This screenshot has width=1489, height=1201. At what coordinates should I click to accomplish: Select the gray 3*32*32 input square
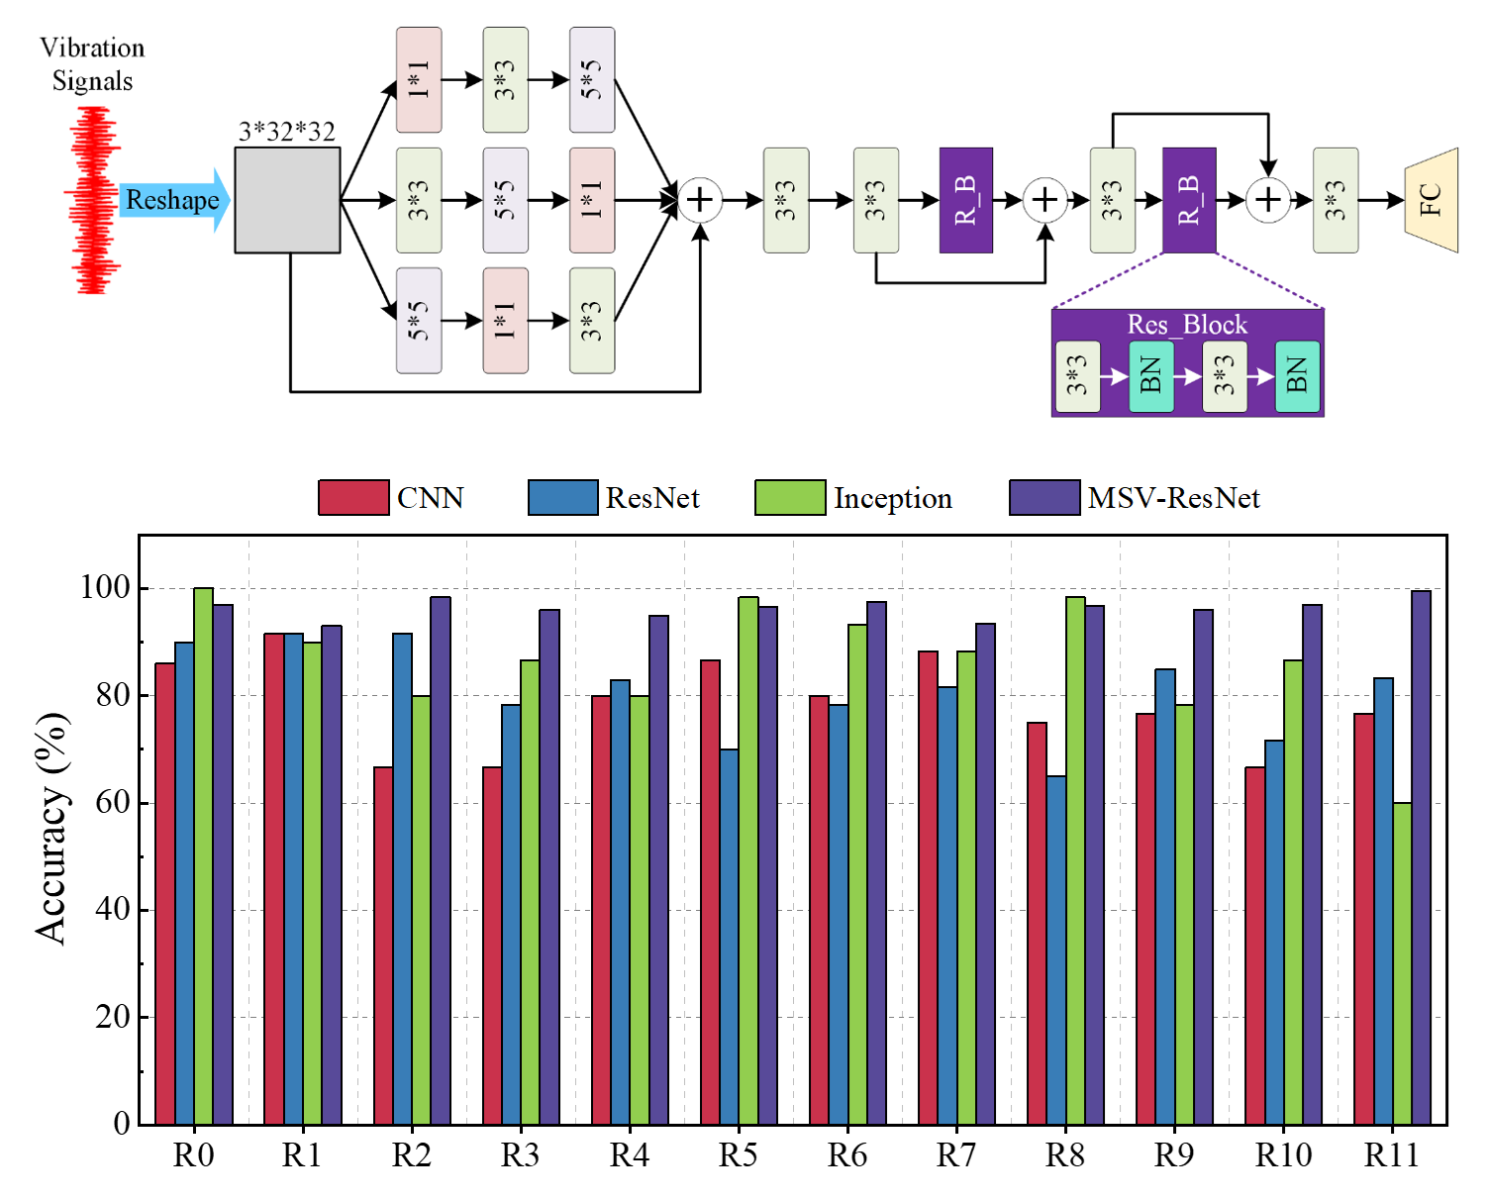click(x=287, y=200)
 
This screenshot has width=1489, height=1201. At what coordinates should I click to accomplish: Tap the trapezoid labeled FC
click(x=1432, y=200)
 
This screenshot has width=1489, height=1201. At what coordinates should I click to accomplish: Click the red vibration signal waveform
click(x=92, y=201)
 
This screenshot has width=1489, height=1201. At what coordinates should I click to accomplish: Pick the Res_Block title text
click(x=1187, y=325)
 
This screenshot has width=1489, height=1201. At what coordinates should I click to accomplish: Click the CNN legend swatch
click(x=353, y=497)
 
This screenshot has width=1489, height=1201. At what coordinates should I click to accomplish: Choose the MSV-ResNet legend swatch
click(x=1044, y=497)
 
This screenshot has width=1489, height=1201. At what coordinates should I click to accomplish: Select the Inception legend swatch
click(x=789, y=497)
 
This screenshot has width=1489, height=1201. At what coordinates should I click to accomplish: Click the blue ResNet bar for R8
click(x=1056, y=950)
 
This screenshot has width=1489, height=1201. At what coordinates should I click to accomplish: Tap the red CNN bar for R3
click(x=492, y=945)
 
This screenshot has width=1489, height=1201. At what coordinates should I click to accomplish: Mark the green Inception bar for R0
click(x=203, y=855)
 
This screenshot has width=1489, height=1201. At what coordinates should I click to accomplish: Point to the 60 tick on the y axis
click(x=113, y=802)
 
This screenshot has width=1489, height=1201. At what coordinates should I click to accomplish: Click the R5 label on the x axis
click(x=738, y=1155)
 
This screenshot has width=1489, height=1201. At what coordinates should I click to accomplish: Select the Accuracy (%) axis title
click(x=52, y=828)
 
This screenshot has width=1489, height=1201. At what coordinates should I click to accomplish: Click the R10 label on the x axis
click(x=1283, y=1155)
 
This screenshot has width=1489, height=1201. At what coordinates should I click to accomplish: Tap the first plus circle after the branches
click(x=700, y=200)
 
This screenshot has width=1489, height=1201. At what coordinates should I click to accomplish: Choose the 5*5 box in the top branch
click(x=592, y=80)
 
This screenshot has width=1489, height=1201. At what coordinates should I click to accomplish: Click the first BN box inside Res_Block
click(x=1151, y=377)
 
